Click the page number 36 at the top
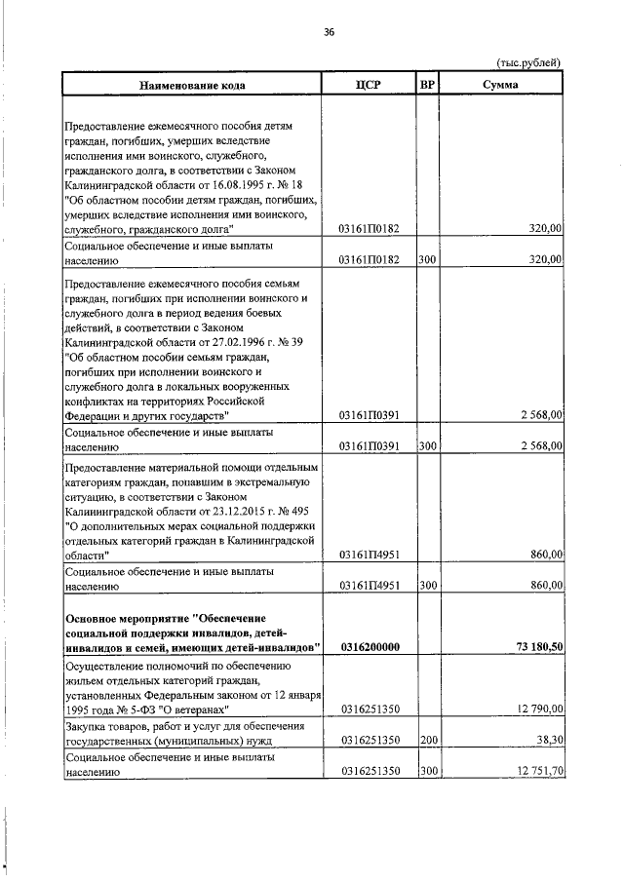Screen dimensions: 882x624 coord(329,32)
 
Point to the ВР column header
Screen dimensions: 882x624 coord(426,85)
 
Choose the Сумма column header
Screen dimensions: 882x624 coord(500,85)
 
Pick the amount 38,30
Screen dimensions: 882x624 coord(546,741)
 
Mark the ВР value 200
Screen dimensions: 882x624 coord(427,741)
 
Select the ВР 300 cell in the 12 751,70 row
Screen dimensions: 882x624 coord(427,772)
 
